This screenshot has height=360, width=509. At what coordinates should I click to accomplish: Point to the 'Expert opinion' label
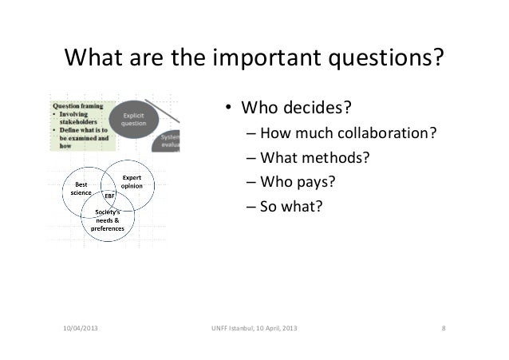coord(131,180)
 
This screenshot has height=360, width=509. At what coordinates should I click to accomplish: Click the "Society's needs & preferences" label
coord(107,220)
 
